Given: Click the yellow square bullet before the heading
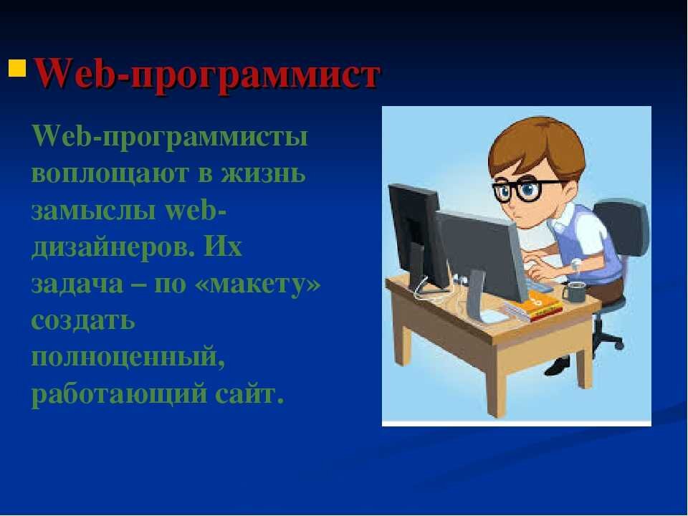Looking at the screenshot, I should coord(17,70).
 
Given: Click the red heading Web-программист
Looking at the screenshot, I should coord(206,74).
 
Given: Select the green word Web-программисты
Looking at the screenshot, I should coord(170,137).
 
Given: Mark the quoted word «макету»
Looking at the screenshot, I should coord(266,285).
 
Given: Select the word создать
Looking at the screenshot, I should coord(83,322).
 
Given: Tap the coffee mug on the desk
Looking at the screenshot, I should coord(574,292).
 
